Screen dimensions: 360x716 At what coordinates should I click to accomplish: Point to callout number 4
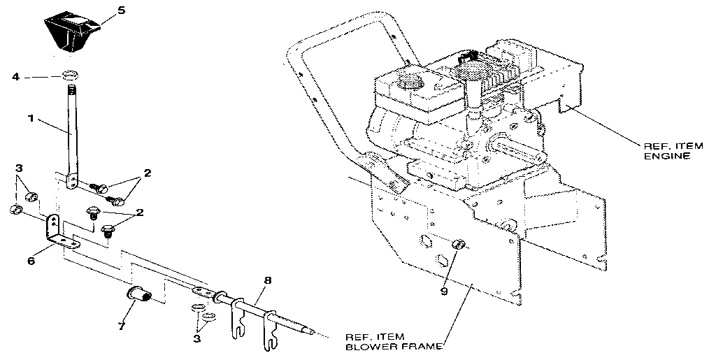tap(15, 76)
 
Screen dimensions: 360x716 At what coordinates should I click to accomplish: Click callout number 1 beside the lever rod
tap(29, 120)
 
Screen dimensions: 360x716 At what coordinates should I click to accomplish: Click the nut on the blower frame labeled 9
tap(459, 245)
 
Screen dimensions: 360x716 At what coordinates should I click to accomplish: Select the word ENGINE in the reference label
tap(666, 156)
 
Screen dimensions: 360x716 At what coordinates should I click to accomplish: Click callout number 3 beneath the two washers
tap(197, 338)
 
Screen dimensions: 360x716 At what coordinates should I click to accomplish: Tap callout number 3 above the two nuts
tap(20, 169)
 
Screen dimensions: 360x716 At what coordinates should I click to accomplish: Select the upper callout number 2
tap(147, 172)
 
